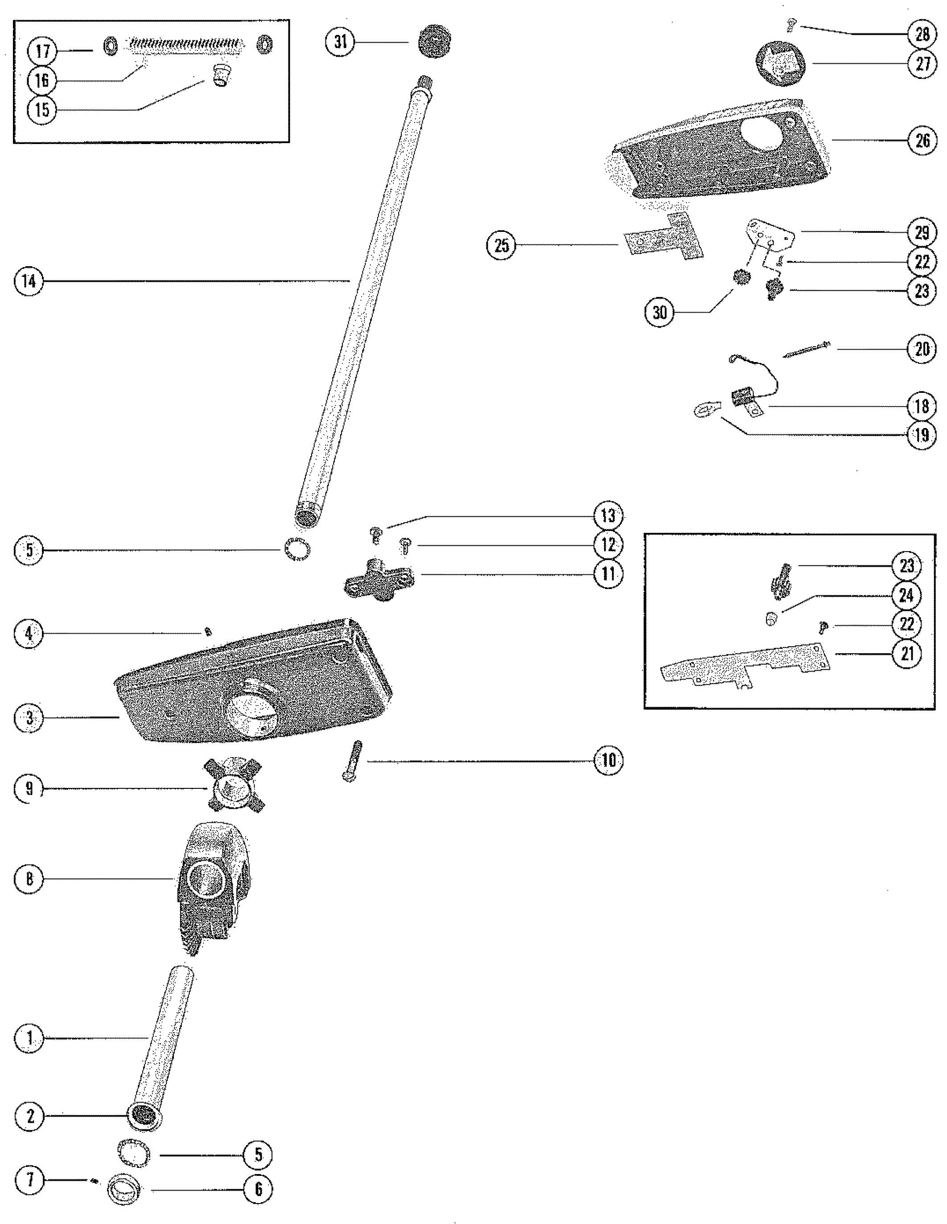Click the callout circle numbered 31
[x=340, y=42]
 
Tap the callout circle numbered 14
[x=29, y=281]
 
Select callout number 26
[x=922, y=140]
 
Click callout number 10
[x=608, y=761]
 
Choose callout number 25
[x=502, y=245]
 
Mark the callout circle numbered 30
[x=659, y=312]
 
